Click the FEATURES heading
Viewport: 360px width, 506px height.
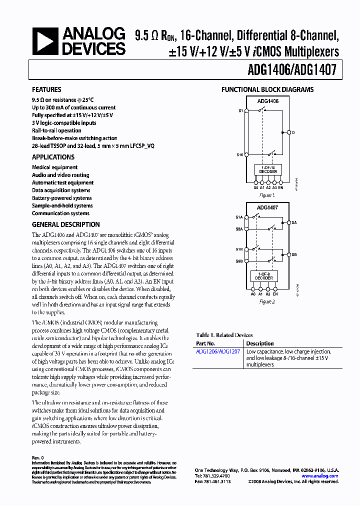pyautogui.click(x=46, y=90)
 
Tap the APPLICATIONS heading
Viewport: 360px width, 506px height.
pyautogui.click(x=53, y=157)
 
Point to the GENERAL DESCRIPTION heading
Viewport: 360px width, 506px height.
pyautogui.click(x=65, y=224)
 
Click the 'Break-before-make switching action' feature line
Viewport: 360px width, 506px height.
pyautogui.click(x=74, y=138)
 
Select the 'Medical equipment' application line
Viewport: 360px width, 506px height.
pyautogui.click(x=54, y=167)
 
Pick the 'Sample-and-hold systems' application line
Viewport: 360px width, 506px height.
pyautogui.click(x=62, y=205)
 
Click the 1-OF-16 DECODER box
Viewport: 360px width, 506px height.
pyautogui.click(x=268, y=169)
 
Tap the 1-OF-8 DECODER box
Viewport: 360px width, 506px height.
pyautogui.click(x=264, y=276)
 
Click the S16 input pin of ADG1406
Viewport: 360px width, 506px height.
pyautogui.click(x=240, y=155)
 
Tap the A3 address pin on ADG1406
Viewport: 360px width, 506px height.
pyautogui.click(x=274, y=187)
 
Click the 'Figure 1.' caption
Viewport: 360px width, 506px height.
pyautogui.click(x=268, y=195)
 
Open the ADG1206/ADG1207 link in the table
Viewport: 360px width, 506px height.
pyautogui.click(x=217, y=352)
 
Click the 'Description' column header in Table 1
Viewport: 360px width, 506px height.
pyautogui.click(x=260, y=343)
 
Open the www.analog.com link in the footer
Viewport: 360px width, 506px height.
pyautogui.click(x=319, y=476)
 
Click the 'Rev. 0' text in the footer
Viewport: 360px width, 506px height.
pyautogui.click(x=38, y=457)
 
